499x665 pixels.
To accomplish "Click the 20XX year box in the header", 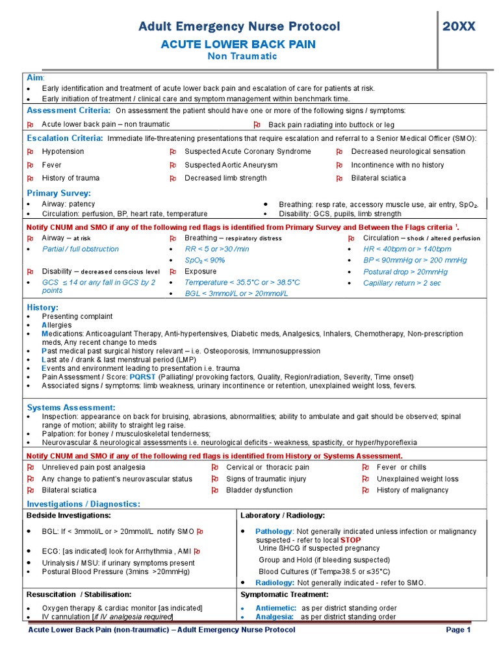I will [459, 27].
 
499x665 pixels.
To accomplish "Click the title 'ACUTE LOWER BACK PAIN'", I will [238, 44].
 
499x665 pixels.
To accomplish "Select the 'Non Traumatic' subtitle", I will [242, 56].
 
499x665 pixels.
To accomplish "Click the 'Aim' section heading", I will [35, 77].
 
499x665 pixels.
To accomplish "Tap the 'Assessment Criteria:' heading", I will [68, 110].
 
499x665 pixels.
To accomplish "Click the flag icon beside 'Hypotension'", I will [30, 152].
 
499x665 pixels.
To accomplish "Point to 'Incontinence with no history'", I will [398, 165].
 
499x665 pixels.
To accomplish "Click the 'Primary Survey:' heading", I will [58, 193].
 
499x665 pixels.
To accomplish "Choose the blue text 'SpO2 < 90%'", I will [205, 260].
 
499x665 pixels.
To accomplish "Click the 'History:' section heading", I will [42, 307].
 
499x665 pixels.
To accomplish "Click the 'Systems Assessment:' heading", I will [71, 407].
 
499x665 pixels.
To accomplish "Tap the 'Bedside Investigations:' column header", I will [68, 515].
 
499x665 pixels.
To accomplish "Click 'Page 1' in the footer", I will [458, 629].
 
